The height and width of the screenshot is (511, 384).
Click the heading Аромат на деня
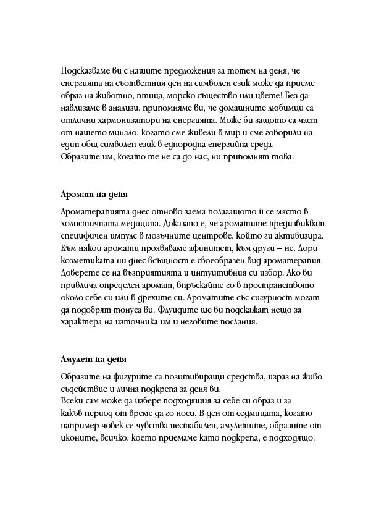pos(94,194)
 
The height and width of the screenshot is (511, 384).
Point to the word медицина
pos(151,226)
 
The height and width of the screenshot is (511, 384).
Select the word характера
pos(84,323)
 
